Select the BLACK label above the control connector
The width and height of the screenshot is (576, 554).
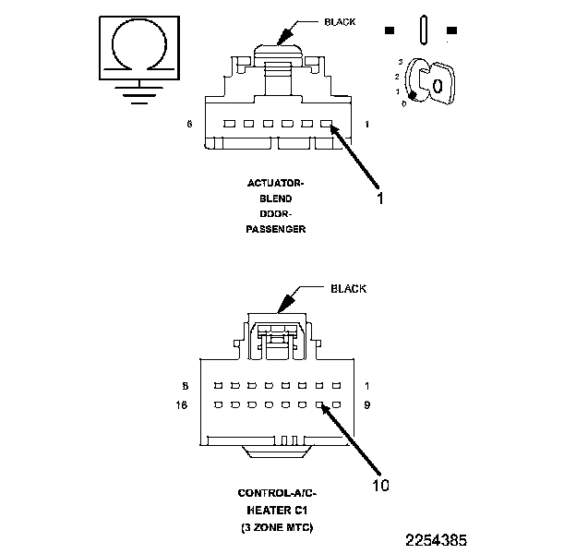click(x=348, y=289)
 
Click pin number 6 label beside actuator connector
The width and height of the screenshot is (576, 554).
click(x=189, y=123)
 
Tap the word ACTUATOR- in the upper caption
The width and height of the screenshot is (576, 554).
click(x=276, y=183)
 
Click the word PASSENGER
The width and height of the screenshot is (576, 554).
click(x=276, y=228)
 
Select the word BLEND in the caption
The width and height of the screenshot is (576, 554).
click(x=276, y=198)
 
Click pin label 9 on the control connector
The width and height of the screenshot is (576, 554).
click(x=367, y=405)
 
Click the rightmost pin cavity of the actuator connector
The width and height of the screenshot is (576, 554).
click(x=325, y=124)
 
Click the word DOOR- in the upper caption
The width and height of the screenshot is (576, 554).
click(x=276, y=212)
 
